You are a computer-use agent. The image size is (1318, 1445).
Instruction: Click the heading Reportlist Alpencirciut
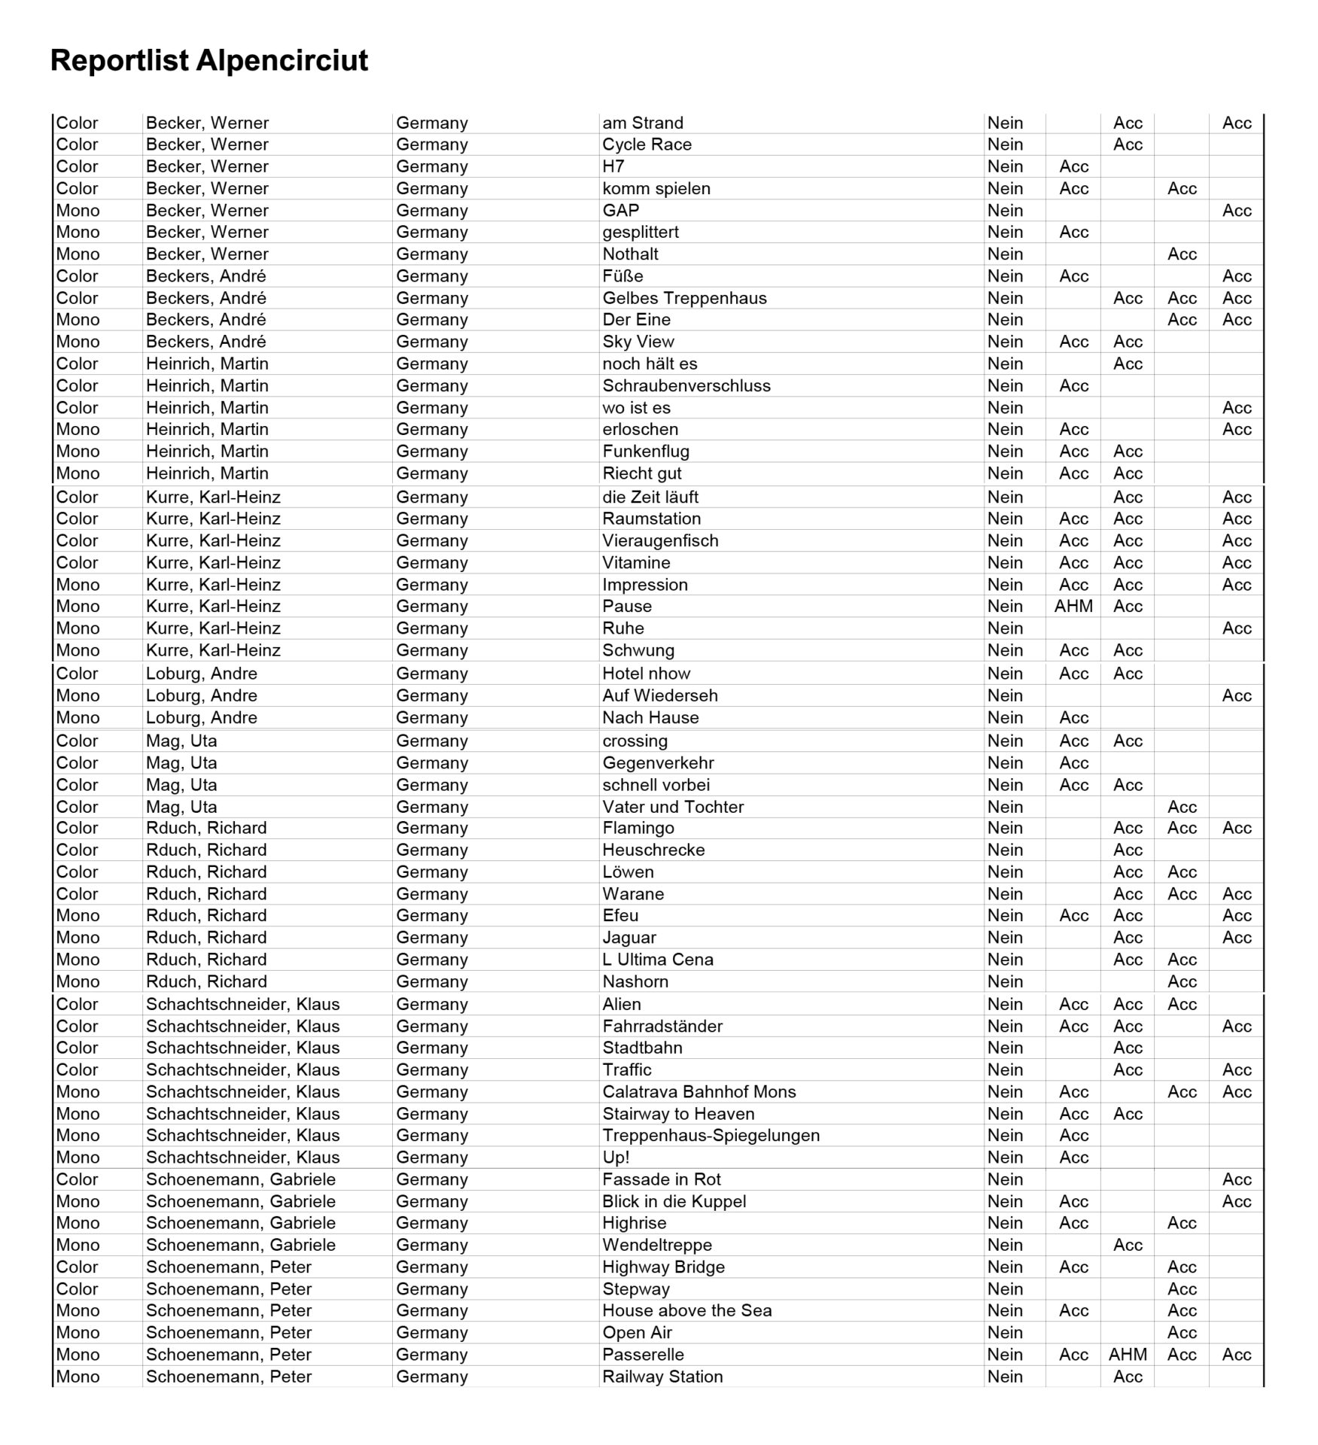(209, 60)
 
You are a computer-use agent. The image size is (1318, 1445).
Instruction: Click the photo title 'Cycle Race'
(647, 144)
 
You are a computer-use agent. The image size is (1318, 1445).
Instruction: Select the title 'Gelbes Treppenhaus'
(684, 298)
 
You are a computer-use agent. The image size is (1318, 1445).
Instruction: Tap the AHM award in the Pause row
(1073, 606)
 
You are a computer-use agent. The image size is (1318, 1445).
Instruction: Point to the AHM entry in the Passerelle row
(1128, 1354)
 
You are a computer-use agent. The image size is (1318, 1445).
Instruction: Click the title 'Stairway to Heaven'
(678, 1113)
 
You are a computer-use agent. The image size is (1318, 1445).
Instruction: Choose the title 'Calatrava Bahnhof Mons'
(699, 1091)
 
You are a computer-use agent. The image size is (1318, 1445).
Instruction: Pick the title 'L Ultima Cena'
(657, 959)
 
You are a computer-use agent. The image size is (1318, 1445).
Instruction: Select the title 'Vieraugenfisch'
(660, 540)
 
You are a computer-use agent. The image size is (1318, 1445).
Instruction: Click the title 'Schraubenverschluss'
(686, 385)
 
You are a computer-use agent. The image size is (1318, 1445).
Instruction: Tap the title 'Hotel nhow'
(646, 673)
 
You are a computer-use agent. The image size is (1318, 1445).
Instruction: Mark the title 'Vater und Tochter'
(672, 806)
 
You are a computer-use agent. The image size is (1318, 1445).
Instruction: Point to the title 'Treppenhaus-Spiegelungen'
(711, 1135)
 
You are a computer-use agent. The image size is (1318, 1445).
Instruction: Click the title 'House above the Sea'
(686, 1310)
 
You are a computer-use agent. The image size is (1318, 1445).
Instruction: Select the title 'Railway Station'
(662, 1376)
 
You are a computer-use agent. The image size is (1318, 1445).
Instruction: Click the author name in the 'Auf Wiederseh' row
(201, 695)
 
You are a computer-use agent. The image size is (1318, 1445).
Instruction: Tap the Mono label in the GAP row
(78, 210)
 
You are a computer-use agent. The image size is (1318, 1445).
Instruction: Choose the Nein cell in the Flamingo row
(1005, 828)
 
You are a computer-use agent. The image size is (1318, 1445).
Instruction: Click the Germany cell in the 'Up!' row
(431, 1157)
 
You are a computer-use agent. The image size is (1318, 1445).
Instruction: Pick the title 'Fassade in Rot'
(661, 1179)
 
